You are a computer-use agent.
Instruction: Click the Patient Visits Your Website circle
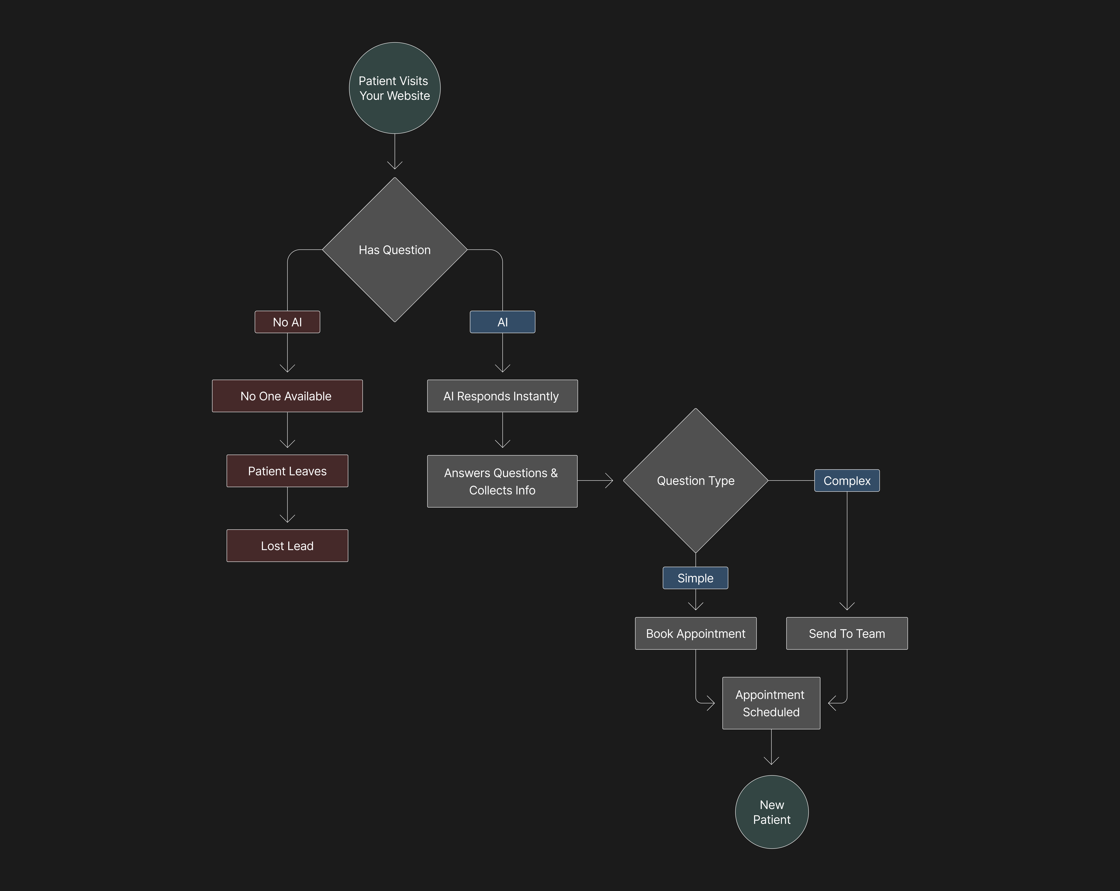pyautogui.click(x=395, y=88)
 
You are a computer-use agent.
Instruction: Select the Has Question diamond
pyautogui.click(x=395, y=250)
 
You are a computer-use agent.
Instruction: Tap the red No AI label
pyautogui.click(x=287, y=322)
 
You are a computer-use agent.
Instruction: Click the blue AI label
pyautogui.click(x=502, y=322)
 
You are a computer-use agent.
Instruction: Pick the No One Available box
pyautogui.click(x=287, y=396)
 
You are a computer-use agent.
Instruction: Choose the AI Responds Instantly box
pyautogui.click(x=502, y=396)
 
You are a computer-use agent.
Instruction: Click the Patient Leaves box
pyautogui.click(x=287, y=471)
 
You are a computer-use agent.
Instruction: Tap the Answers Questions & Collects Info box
pyautogui.click(x=502, y=481)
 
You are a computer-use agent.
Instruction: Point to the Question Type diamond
pyautogui.click(x=696, y=481)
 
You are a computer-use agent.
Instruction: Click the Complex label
pyautogui.click(x=847, y=481)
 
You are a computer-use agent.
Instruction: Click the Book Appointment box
pyautogui.click(x=696, y=633)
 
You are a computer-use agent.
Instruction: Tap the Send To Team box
pyautogui.click(x=847, y=633)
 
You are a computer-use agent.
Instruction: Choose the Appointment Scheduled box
pyautogui.click(x=771, y=703)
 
